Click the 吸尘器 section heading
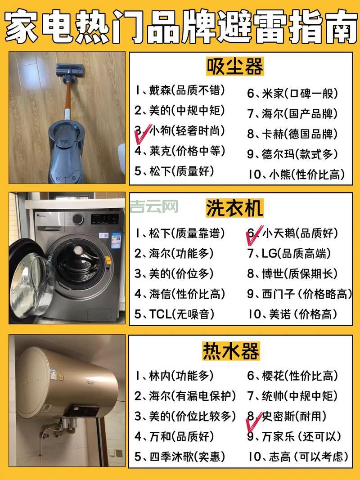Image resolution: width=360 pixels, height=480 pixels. [234, 67]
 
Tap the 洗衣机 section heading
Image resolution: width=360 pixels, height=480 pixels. [234, 208]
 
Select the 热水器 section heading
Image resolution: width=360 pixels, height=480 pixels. [234, 350]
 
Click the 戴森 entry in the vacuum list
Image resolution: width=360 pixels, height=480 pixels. [180, 90]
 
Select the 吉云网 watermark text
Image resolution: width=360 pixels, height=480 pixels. [154, 207]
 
